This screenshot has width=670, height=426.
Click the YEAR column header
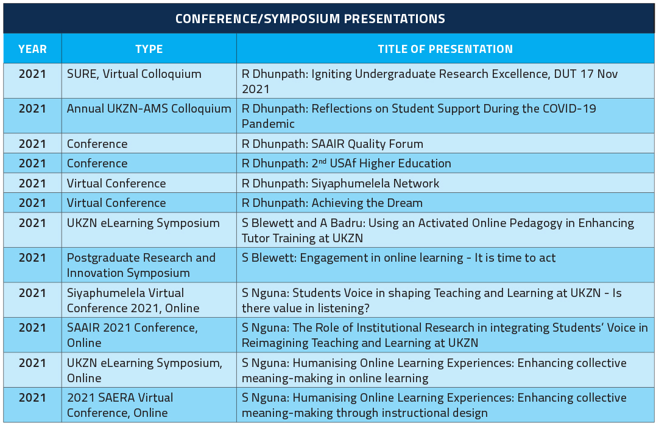click(x=32, y=49)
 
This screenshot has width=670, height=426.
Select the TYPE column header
click(x=149, y=49)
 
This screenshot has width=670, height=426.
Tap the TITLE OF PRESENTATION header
click(x=445, y=49)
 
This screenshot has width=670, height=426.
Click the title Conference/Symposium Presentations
click(x=310, y=19)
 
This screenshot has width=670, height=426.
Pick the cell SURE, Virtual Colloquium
click(x=149, y=81)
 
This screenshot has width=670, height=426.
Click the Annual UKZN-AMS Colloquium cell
click(x=149, y=116)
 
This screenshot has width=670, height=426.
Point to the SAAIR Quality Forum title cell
click(x=445, y=144)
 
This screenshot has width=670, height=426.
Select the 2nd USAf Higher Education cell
click(x=445, y=163)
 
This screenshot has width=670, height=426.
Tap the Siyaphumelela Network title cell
click(x=445, y=183)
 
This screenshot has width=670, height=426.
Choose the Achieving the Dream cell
click(x=445, y=203)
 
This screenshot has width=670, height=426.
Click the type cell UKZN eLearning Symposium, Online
click(x=149, y=370)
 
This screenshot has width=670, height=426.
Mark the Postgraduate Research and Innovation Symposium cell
click(x=149, y=265)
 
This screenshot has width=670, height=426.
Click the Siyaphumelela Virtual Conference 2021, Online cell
click(x=149, y=300)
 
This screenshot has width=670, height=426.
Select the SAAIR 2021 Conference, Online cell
click(x=149, y=335)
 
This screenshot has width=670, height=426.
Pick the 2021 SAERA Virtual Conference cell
click(x=149, y=405)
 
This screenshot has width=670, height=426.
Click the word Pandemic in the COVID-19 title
click(x=269, y=124)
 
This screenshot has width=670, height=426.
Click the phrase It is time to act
click(x=515, y=258)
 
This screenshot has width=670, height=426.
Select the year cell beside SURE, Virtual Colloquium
click(x=32, y=81)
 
